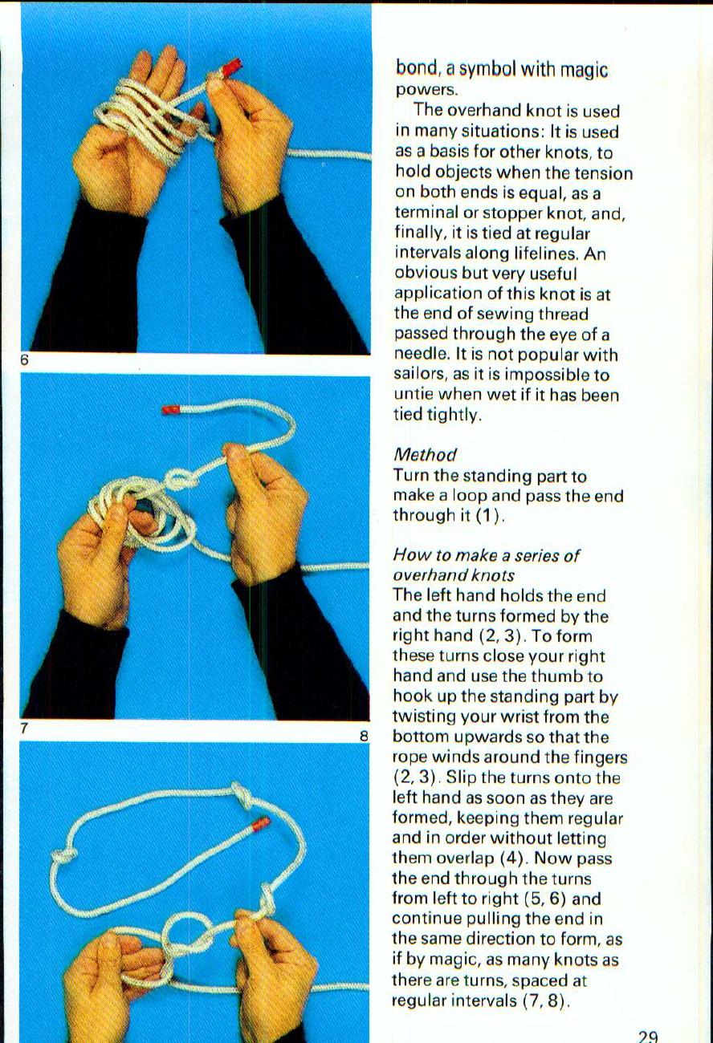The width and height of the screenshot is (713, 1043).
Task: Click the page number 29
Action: pyautogui.click(x=648, y=1037)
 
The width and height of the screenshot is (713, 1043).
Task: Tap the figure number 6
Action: pyautogui.click(x=25, y=362)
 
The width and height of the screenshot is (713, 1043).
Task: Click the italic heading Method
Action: pyautogui.click(x=425, y=455)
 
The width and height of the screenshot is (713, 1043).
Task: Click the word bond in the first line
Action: pyautogui.click(x=414, y=70)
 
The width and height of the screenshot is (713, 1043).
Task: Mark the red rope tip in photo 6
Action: pyautogui.click(x=230, y=69)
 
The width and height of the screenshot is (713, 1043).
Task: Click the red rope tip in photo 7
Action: pyautogui.click(x=171, y=410)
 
